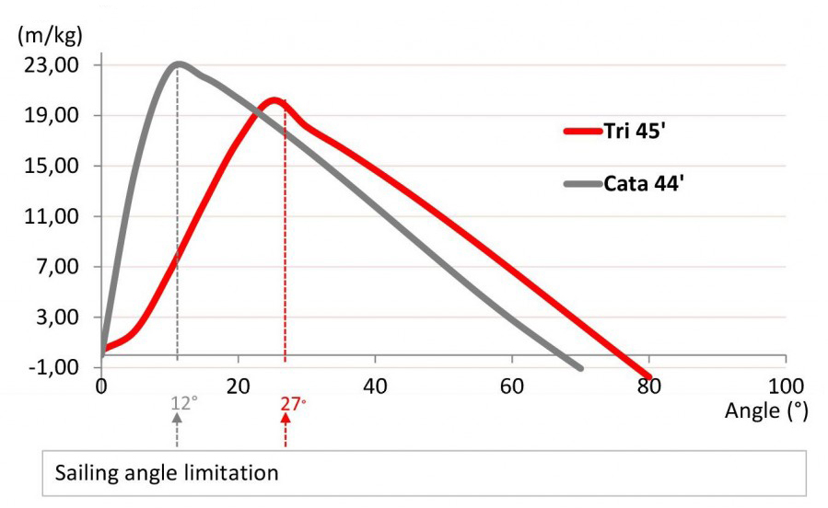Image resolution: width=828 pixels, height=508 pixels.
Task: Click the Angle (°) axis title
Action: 765,411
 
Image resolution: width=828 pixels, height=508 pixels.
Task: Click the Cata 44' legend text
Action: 643,183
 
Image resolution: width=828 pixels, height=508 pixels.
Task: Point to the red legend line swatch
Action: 582,131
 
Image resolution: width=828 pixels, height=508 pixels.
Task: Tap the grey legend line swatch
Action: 582,184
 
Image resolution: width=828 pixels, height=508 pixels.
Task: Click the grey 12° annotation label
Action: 182,402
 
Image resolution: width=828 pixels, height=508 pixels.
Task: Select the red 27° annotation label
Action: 291,402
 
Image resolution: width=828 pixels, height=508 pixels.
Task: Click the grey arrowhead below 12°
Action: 177,417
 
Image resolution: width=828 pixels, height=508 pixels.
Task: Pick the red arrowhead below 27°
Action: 286,417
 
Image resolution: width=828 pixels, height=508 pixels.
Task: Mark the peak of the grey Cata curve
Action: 177,63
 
